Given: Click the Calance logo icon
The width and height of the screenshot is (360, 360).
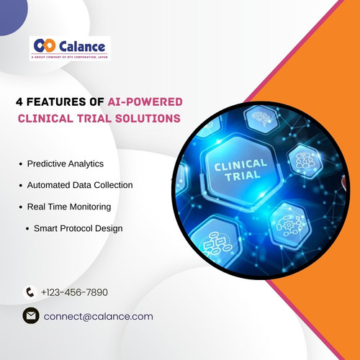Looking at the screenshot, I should tap(45, 45).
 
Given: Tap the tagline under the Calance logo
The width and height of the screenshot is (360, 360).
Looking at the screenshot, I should tap(70, 55).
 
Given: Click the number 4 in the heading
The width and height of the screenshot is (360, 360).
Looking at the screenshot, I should tap(20, 102).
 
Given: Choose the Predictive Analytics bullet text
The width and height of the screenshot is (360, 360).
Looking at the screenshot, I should tap(66, 164).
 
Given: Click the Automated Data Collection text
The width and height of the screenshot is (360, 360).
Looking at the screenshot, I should tap(80, 185).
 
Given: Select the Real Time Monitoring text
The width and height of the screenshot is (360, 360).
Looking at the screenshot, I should tap(69, 207).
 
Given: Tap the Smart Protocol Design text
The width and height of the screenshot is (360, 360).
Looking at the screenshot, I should tap(78, 228).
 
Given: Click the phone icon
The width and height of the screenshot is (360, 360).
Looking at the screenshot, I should tap(30, 292).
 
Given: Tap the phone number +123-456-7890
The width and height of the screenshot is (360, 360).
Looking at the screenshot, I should tap(74, 292).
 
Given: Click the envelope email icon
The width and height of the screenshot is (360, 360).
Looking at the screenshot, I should tap(30, 316).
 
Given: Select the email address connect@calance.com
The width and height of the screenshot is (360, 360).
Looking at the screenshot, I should tap(99, 316).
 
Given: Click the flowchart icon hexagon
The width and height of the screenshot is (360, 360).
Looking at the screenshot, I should tap(218, 245).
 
